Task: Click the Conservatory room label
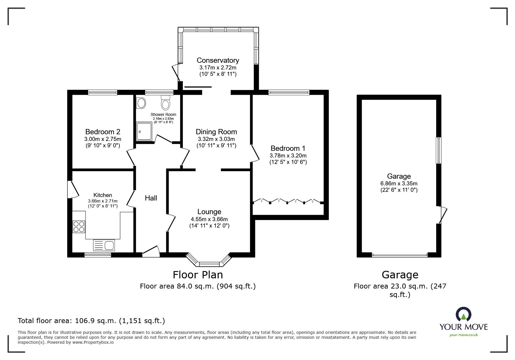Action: coord(218,60)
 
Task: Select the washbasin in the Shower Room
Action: coord(141,103)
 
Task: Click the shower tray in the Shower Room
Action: coord(144,131)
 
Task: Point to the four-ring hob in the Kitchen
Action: coord(79,227)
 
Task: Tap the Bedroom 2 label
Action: coord(103,132)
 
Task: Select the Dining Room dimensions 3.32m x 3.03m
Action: coord(216,139)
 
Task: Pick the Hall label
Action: coord(151,198)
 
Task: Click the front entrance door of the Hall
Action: coord(151,252)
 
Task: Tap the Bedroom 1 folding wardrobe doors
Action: coord(287,201)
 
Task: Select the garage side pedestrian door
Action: coord(442,215)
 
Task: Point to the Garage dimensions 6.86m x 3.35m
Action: coord(399,184)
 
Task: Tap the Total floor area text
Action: coord(91,321)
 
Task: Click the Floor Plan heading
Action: coord(198,275)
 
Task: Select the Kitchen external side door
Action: coord(73,189)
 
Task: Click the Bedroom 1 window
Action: coord(289,92)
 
